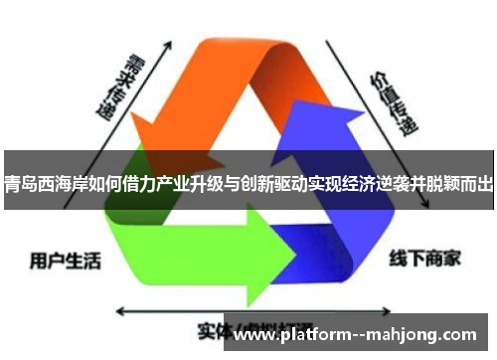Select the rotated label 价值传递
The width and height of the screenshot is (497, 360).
click(394, 99)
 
